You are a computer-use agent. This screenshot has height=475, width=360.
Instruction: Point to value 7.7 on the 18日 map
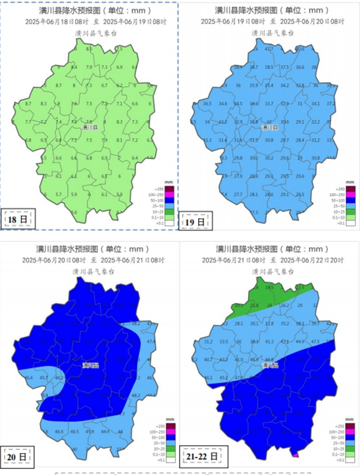(x=28, y=122)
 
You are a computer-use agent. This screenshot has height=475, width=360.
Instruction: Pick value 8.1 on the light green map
(x=119, y=140)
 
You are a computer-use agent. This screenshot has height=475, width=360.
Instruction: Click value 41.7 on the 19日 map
(x=269, y=49)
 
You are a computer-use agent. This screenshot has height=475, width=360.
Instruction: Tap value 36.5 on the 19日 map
(x=207, y=104)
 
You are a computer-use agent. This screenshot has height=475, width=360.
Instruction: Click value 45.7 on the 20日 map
(x=44, y=377)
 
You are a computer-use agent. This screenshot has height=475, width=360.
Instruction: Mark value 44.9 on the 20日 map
(x=105, y=432)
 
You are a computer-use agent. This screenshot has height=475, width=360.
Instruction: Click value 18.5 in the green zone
(x=269, y=287)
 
